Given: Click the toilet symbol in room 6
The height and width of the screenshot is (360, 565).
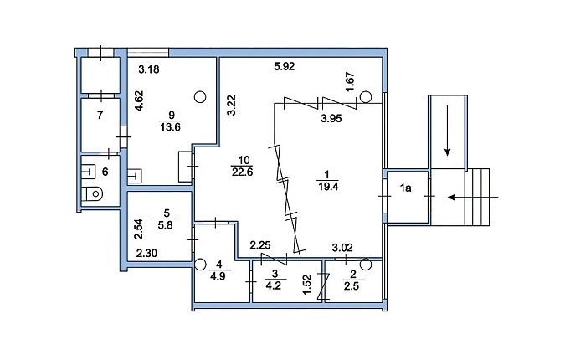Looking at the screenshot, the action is (93, 194).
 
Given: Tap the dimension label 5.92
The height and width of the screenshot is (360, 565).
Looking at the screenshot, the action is (285, 67).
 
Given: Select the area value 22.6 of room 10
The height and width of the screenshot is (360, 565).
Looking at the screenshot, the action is (242, 172).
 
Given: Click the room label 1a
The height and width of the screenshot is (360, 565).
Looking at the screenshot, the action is (406, 188).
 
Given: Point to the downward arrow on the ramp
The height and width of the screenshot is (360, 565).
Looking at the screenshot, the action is (448, 131).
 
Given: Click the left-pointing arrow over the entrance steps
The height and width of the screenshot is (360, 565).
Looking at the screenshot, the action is (473, 197).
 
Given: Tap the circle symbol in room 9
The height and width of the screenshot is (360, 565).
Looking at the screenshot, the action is (200, 96).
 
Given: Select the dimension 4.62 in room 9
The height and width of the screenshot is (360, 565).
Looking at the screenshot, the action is (139, 101).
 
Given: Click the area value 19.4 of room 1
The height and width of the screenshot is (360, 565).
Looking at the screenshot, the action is (328, 187).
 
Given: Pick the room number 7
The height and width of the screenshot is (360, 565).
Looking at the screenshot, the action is (100, 116).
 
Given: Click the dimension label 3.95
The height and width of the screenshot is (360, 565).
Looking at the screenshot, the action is (331, 118).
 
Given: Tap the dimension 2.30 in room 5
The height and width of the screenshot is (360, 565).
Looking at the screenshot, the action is (146, 254).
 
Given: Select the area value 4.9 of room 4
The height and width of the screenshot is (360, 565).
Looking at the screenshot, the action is (218, 276).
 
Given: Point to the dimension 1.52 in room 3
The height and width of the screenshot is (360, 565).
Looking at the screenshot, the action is (307, 285).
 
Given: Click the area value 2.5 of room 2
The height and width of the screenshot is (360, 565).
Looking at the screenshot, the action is (352, 286).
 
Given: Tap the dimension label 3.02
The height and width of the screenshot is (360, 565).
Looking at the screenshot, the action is (342, 248).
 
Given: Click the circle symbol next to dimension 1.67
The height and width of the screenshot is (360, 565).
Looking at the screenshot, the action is (366, 96).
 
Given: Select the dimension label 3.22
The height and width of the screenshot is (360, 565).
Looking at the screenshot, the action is (232, 105).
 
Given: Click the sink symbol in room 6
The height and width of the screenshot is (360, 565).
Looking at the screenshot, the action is (88, 172).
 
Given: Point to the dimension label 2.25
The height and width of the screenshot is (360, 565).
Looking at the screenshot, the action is (260, 245).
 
